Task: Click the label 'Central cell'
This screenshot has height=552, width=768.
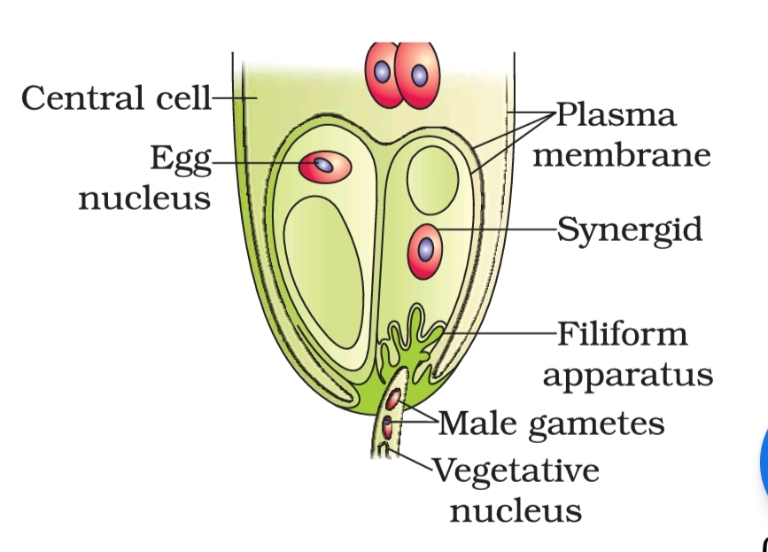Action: pyautogui.click(x=116, y=97)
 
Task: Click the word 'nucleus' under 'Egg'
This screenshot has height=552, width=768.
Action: pyautogui.click(x=145, y=198)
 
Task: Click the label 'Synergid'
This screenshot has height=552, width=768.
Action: pyautogui.click(x=629, y=229)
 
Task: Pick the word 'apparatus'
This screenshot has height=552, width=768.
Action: pyautogui.click(x=627, y=374)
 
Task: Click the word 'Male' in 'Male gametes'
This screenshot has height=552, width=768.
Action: pyautogui.click(x=478, y=423)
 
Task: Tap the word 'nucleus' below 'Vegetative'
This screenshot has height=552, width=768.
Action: pyautogui.click(x=516, y=509)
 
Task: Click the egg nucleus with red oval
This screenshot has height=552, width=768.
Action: pyautogui.click(x=325, y=166)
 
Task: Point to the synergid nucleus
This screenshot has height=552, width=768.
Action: pyautogui.click(x=426, y=249)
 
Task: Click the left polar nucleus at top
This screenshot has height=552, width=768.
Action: pyautogui.click(x=381, y=73)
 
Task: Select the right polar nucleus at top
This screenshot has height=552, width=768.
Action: pyautogui.click(x=417, y=74)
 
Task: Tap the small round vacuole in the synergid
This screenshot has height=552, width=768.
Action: pyautogui.click(x=433, y=177)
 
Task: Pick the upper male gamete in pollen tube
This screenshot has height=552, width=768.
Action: pyautogui.click(x=392, y=398)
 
